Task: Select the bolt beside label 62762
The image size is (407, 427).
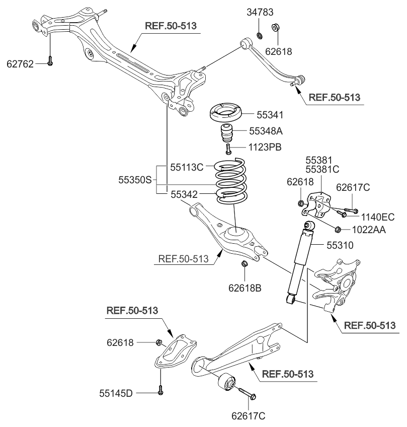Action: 51,61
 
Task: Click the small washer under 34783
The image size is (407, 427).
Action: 259,35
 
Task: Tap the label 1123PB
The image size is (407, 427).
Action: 265,148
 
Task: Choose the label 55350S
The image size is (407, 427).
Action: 134,179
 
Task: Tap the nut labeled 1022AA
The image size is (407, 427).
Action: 338,230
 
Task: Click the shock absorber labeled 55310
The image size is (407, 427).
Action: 301,262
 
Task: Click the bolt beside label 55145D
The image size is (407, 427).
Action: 160,390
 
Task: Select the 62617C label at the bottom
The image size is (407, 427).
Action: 249,416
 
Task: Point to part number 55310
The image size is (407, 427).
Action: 341,246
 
